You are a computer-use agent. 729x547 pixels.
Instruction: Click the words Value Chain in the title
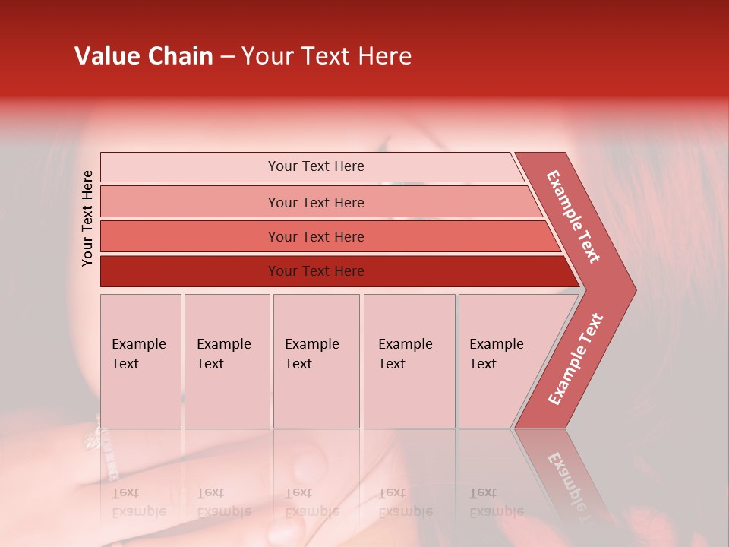pos(144,56)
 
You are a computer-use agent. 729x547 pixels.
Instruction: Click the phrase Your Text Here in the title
pos(327,56)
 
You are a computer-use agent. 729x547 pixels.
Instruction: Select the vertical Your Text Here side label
pos(88,218)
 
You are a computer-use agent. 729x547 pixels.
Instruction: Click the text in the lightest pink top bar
pos(316,166)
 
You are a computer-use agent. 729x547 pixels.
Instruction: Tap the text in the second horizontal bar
pos(316,202)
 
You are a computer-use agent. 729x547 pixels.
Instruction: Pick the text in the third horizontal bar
pos(316,237)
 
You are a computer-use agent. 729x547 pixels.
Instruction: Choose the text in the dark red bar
pos(316,271)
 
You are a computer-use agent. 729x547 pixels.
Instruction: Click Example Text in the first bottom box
pos(138,354)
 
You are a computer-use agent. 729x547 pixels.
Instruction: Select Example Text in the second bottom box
pos(223,354)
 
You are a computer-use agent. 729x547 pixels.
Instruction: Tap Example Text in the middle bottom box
pos(311,354)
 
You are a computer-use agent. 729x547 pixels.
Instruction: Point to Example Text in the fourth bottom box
pos(405,354)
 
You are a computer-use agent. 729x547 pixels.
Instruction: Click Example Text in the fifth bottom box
pos(496,354)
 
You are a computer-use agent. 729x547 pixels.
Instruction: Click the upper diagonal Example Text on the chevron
pos(573,217)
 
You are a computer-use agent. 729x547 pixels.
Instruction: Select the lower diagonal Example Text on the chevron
pos(576,359)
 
